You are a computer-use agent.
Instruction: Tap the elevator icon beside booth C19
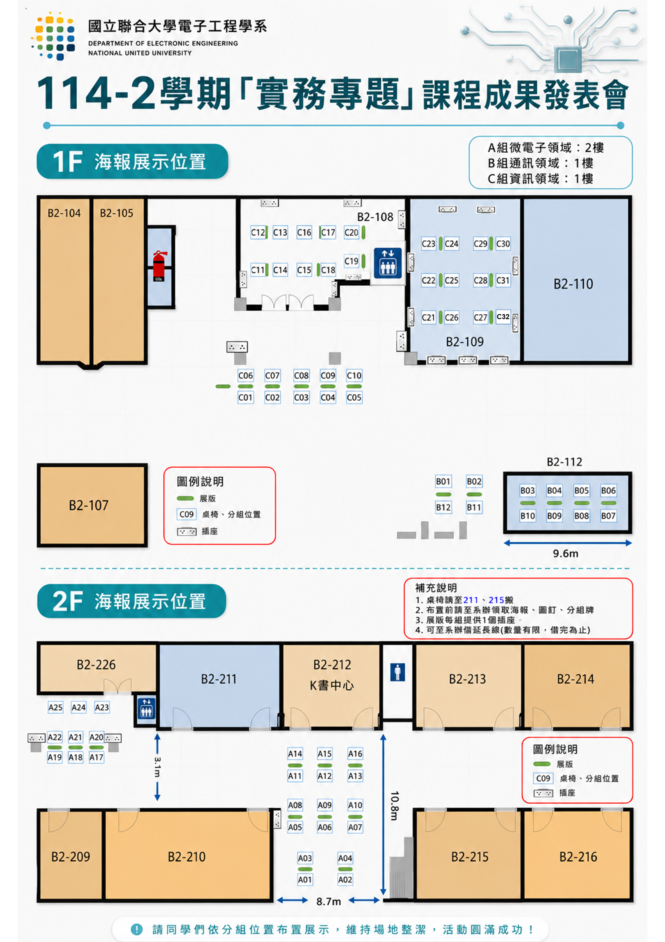click(388, 263)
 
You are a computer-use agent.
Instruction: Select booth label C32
click(503, 316)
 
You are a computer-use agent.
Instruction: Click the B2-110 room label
click(573, 284)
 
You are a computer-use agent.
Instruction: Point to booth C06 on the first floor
click(245, 375)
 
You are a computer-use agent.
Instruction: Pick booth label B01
click(443, 481)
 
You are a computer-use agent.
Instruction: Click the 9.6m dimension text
click(565, 554)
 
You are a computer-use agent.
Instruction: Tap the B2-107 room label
click(89, 505)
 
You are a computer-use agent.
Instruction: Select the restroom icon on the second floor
click(397, 672)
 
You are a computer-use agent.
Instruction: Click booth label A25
click(55, 707)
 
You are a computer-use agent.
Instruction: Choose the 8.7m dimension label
click(329, 901)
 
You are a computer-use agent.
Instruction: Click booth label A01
click(305, 880)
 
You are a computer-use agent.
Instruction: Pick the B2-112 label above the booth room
click(565, 462)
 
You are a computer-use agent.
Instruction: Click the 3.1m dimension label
click(157, 767)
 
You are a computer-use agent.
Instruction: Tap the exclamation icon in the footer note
click(137, 929)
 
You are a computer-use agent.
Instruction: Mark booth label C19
click(351, 261)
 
